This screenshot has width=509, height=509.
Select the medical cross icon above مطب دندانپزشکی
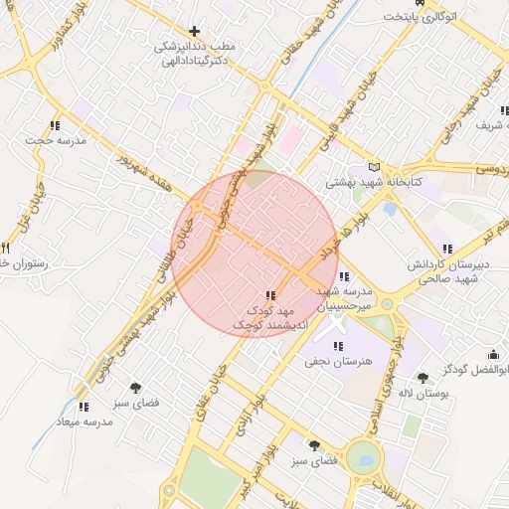194,32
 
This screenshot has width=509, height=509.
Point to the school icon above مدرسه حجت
54,125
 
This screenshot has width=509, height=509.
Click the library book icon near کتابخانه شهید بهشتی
374,167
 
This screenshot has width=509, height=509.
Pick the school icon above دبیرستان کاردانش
446,249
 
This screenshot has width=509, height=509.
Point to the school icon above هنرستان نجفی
339,346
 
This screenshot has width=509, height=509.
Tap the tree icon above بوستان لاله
424,378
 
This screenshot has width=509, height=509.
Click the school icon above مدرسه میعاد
84,406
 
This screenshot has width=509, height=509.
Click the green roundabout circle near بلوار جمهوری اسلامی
365,459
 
